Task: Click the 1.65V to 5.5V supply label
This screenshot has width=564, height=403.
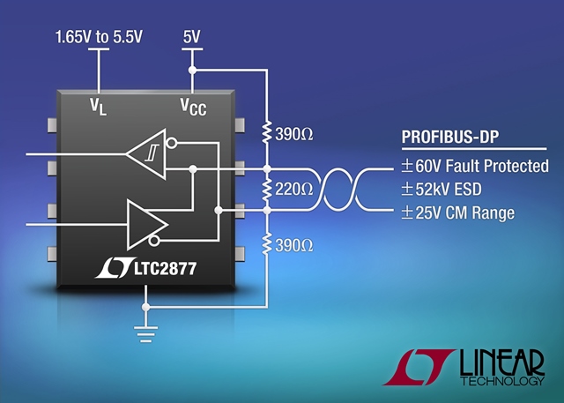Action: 99,37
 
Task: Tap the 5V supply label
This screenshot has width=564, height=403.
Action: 192,37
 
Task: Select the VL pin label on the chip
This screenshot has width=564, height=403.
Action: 98,107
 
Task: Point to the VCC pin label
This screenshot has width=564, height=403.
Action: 193,107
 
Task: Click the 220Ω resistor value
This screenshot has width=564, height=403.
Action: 293,190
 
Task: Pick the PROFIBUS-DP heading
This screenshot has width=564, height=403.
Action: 450,137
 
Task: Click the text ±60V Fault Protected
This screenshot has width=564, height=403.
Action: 475,166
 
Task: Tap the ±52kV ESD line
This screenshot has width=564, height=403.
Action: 442,190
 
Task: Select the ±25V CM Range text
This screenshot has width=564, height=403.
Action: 458,213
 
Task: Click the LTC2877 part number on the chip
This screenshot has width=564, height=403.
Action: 166,268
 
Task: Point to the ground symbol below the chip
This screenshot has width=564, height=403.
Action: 145,334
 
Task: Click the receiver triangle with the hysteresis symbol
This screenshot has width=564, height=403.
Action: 147,154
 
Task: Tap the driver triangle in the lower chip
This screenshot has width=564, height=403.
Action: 147,225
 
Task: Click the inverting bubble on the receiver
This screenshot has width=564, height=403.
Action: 172,143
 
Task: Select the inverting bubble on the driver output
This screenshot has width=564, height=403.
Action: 154,241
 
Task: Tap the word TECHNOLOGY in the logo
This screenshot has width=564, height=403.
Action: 502,381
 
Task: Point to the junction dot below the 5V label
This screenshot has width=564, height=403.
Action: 192,71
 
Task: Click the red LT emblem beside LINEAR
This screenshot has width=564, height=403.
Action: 419,367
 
